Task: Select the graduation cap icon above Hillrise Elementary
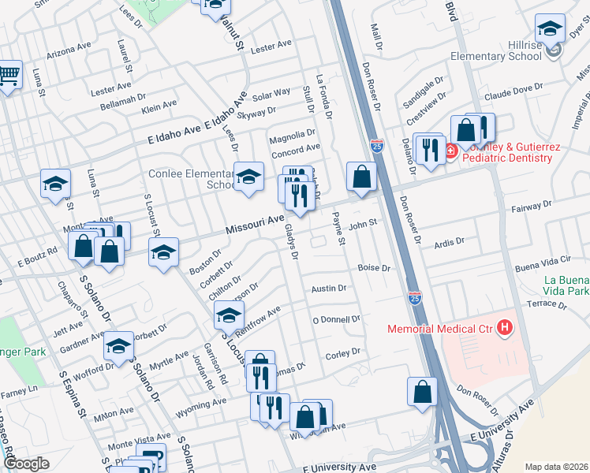click(x=550, y=31)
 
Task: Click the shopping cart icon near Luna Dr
click(x=8, y=76)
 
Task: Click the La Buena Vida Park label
click(x=566, y=285)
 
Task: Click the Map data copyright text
click(x=556, y=466)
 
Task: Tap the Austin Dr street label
click(x=329, y=289)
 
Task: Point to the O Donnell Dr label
click(x=336, y=319)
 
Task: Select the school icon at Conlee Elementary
click(x=248, y=177)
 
